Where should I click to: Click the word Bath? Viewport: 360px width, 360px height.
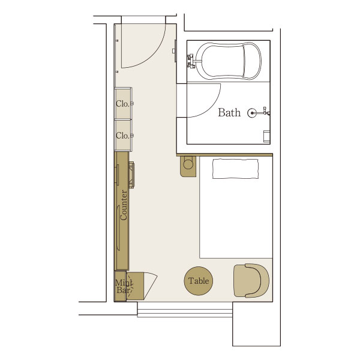coord(229,113)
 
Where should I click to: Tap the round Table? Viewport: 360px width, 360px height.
coord(199,281)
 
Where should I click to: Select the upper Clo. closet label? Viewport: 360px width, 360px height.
coord(122,104)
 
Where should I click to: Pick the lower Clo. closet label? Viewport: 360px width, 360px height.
coord(122,136)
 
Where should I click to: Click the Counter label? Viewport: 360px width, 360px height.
coord(124,205)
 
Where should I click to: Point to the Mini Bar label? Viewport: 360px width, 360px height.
coord(124,286)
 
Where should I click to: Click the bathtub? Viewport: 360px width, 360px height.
coord(229,61)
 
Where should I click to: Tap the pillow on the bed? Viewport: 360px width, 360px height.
coord(235,169)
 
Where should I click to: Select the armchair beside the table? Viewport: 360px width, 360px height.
coord(251,281)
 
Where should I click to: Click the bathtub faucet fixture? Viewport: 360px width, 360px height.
coord(192,61)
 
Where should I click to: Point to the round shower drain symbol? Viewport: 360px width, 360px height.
coord(252,113)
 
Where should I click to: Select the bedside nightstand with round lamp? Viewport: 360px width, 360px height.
coord(188,166)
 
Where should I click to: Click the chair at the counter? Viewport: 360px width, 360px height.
coord(131,175)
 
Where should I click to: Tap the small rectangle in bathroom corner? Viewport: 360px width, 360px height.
coord(266,137)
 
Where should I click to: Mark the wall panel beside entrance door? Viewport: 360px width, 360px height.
coord(175,51)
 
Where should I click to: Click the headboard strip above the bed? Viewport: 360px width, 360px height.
coord(225,155)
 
